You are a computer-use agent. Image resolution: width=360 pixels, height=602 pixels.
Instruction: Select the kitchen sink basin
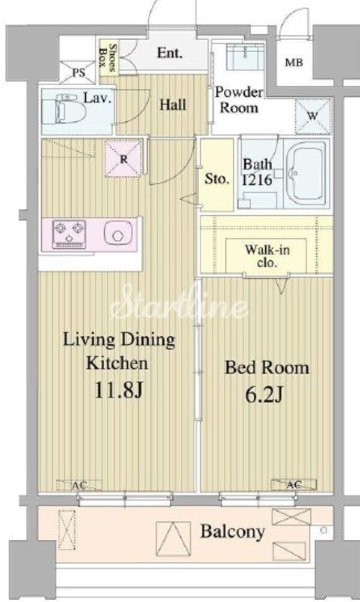click(x=115, y=234)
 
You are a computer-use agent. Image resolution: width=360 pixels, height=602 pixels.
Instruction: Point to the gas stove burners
click(x=70, y=234)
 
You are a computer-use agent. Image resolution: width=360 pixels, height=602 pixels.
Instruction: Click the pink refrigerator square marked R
click(x=123, y=158)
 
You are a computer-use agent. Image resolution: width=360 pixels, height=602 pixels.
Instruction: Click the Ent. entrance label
click(x=170, y=53)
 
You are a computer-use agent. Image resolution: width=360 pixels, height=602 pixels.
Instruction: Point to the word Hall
click(x=172, y=106)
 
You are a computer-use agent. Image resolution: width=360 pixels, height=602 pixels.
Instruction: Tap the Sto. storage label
click(x=216, y=179)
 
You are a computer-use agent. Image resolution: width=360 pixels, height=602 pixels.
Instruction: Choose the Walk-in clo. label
click(x=266, y=256)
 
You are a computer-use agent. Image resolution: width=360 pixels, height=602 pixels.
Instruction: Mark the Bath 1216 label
click(x=258, y=171)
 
